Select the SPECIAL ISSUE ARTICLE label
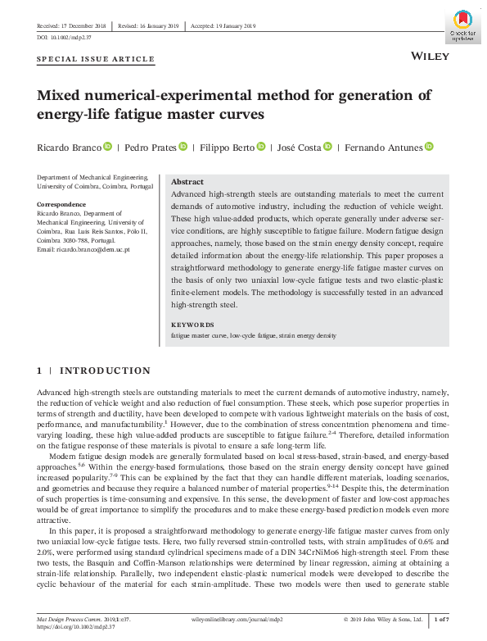click(97, 59)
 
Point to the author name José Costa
click(298, 147)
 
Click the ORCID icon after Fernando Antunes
click(428, 147)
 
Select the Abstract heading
click(187, 182)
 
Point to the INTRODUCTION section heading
click(106, 371)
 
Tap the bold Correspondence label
click(62, 204)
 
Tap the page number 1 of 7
click(440, 619)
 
